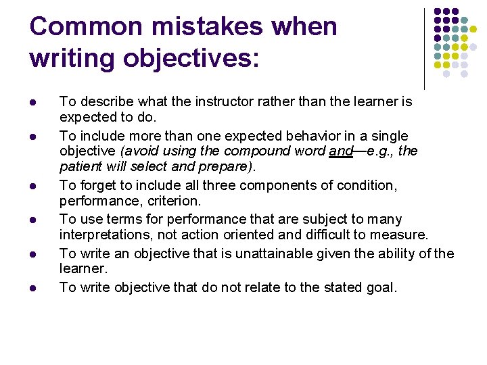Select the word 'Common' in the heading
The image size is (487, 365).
71,27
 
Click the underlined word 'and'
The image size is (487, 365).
340,151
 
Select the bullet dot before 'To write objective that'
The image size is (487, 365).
34,288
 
